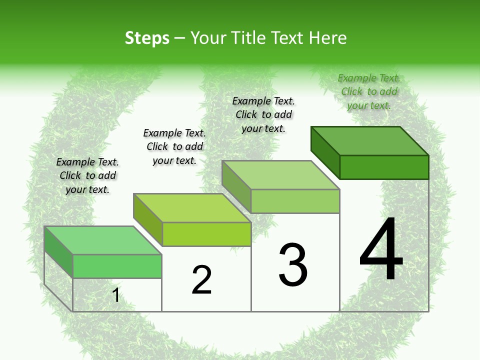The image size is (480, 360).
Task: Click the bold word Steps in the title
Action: tap(147, 38)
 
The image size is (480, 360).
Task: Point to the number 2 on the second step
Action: tap(202, 279)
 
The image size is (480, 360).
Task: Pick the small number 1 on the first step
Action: tap(116, 295)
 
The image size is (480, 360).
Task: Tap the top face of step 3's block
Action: tap(281, 175)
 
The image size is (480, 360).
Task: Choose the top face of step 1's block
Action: tap(103, 240)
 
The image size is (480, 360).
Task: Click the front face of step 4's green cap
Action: tap(384, 167)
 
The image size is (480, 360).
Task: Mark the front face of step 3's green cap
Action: tap(295, 201)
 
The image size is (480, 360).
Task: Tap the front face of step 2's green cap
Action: tap(206, 234)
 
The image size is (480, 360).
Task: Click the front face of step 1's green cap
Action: tap(117, 266)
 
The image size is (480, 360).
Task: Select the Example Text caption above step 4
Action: tap(369, 91)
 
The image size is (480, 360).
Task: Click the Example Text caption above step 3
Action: tap(263, 114)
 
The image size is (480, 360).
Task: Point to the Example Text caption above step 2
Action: tap(174, 146)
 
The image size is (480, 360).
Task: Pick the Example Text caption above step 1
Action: tap(87, 175)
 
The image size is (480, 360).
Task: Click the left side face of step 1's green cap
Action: tap(58, 251)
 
